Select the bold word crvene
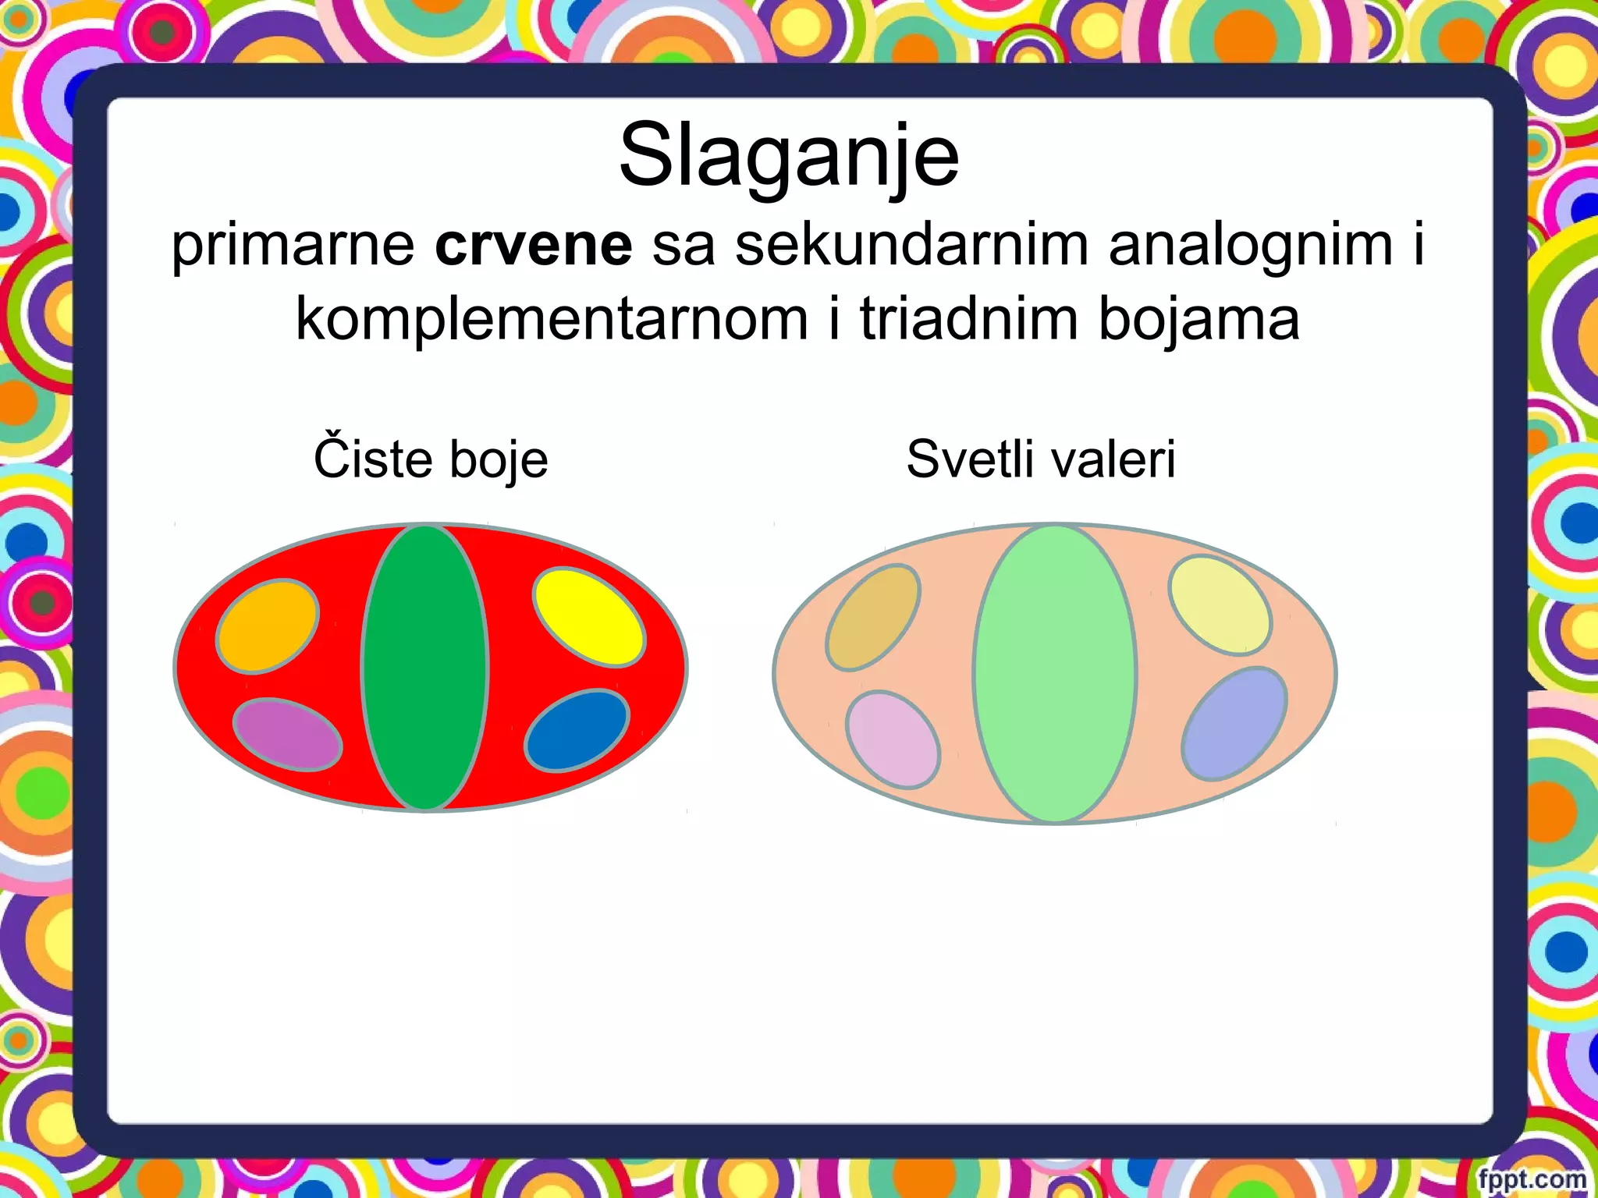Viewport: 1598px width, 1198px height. pos(533,245)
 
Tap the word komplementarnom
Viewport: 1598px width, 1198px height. pos(551,320)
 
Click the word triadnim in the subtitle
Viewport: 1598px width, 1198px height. pos(971,320)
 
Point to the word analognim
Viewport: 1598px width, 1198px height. pos(1250,245)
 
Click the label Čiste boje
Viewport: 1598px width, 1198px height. pos(431,459)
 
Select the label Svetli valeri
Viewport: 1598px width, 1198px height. pos(1040,459)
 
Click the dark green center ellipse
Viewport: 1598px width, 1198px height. pos(425,668)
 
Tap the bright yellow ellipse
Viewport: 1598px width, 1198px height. pos(589,618)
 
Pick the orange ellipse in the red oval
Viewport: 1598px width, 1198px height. pos(268,626)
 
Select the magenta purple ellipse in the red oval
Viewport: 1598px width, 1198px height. pos(287,735)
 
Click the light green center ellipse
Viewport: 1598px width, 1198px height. pos(1054,674)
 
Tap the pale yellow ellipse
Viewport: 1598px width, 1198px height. pos(1220,604)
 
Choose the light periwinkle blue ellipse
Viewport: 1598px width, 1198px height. pos(1234,724)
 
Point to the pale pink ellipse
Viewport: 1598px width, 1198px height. pos(893,739)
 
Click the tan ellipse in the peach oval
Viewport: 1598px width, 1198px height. pos(873,617)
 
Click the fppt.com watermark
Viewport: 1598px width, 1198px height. pos(1532,1179)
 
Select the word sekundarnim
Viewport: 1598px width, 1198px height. pos(911,245)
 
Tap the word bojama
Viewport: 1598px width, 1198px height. pos(1198,320)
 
